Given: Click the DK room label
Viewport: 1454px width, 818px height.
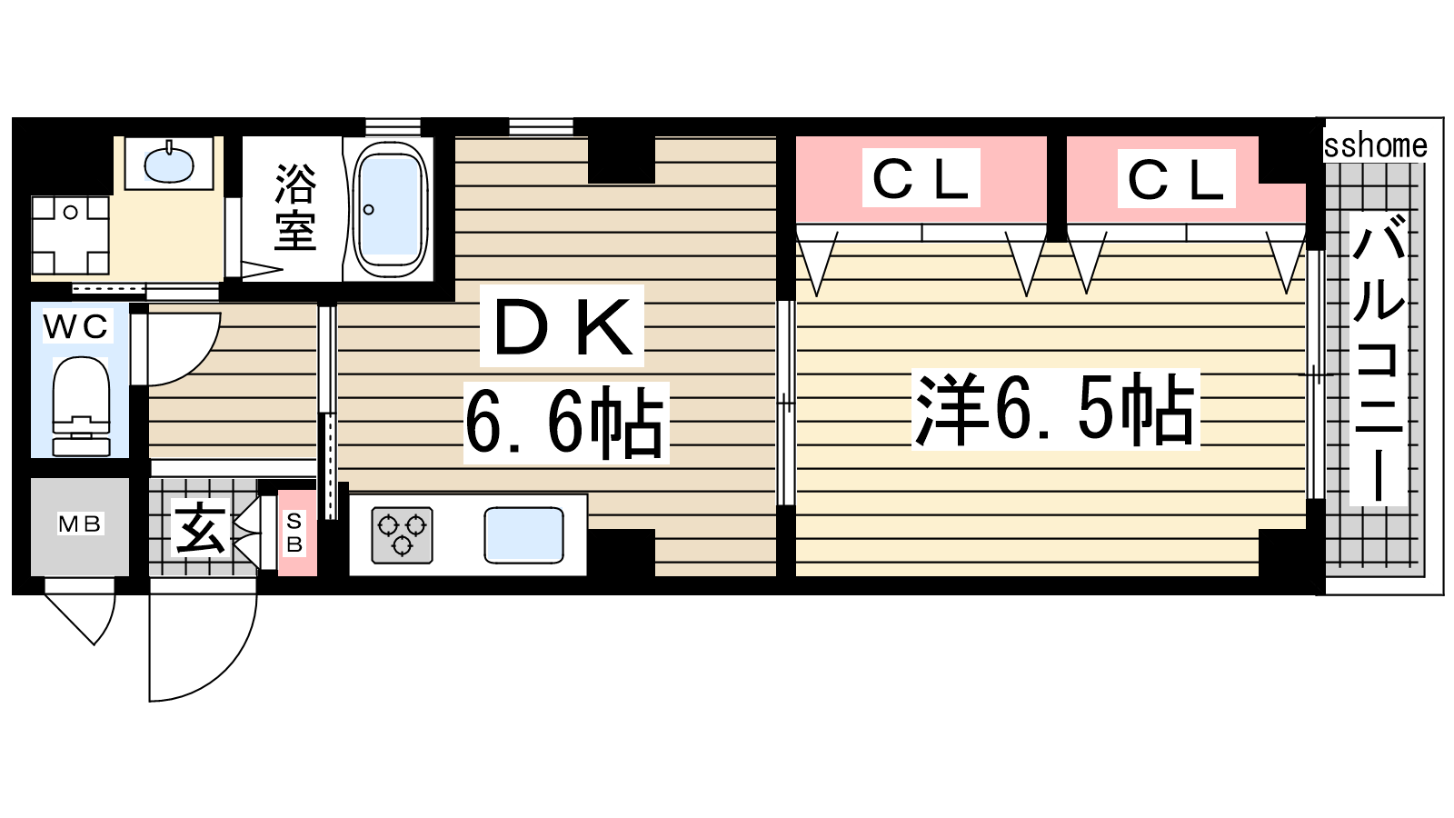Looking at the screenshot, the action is point(563,326).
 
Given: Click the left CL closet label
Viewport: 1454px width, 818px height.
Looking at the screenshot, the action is point(921,178).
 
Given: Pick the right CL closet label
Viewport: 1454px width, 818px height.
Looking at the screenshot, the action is point(1176,178).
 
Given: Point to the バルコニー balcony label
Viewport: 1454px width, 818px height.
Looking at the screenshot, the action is point(1379,358).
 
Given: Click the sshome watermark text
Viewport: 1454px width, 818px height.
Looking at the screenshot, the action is point(1376,145).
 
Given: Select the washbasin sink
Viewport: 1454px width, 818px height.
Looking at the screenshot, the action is point(169,163).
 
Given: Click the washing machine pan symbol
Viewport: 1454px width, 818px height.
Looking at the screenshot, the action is point(70,235).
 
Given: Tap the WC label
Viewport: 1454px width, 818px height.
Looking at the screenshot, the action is point(76,326).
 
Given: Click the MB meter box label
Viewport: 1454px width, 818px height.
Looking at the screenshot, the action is point(80,524).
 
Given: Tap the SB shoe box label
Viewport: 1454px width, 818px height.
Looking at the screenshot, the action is point(294,533).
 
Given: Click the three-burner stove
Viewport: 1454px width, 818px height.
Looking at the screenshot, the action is point(402,534).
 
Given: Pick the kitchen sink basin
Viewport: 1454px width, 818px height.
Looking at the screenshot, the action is point(523,534).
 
